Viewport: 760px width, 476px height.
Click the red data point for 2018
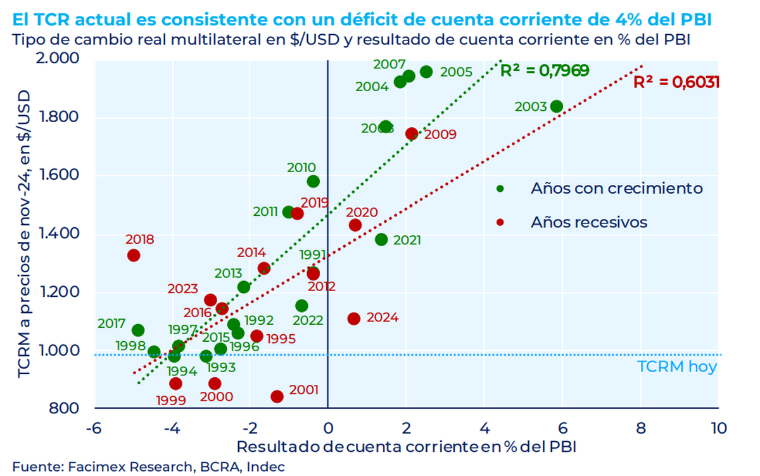(x=133, y=255)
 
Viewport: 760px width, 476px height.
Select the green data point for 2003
(x=556, y=106)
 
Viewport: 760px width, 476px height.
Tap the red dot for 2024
(x=354, y=318)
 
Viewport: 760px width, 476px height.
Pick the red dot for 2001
(x=277, y=396)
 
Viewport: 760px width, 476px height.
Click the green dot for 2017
(x=138, y=330)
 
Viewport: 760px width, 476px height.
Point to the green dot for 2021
(x=381, y=239)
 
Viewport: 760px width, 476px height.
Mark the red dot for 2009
(x=412, y=134)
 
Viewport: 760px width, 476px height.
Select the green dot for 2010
(x=313, y=182)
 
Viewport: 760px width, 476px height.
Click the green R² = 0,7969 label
(x=545, y=70)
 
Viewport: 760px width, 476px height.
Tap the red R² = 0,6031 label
(x=676, y=82)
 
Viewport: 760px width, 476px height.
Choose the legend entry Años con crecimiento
(x=616, y=188)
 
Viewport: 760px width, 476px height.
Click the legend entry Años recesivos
(x=589, y=222)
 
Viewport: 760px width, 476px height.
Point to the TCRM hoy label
(x=676, y=367)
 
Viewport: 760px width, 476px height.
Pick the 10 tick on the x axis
(x=718, y=428)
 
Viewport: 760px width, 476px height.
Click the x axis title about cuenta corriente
(x=406, y=446)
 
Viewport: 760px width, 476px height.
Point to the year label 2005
(x=456, y=72)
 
